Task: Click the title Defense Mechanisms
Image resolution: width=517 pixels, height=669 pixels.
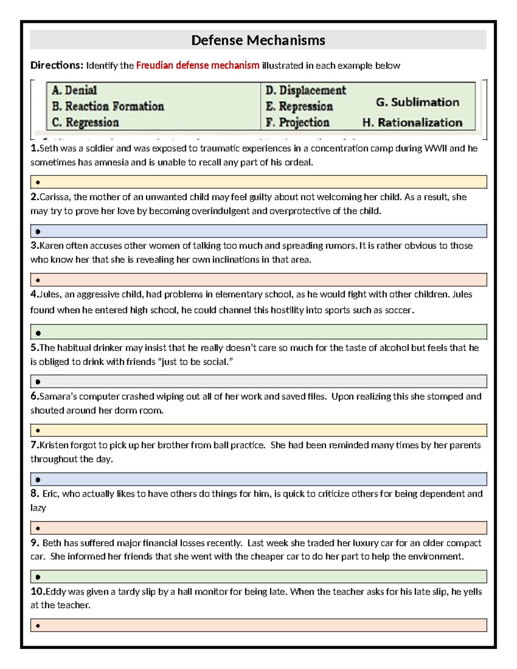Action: (258, 40)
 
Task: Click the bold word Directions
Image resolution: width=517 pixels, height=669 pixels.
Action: (56, 65)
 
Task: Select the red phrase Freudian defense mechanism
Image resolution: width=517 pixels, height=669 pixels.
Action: (198, 65)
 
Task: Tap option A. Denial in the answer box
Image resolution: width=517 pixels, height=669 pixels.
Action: (74, 90)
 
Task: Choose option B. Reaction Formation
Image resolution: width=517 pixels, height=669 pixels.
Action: (108, 106)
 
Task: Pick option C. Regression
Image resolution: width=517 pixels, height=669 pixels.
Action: (85, 123)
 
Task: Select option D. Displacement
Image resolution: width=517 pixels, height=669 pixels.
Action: (305, 90)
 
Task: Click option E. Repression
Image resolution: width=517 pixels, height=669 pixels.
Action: (299, 106)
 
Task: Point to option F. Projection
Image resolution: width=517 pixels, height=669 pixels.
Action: (297, 123)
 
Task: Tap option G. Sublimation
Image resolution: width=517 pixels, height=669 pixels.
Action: (417, 103)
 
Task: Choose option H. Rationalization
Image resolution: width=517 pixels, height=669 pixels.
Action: (412, 123)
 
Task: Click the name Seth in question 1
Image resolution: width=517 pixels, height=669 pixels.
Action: (49, 149)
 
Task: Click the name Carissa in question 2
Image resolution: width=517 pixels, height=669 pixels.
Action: (55, 197)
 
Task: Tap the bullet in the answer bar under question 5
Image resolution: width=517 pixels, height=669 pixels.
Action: (38, 382)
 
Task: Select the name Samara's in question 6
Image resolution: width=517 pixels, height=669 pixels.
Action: (58, 397)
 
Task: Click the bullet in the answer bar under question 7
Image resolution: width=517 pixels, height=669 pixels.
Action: (38, 479)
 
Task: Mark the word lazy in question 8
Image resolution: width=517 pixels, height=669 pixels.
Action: (38, 508)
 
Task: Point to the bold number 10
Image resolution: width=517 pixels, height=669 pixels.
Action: (37, 592)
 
